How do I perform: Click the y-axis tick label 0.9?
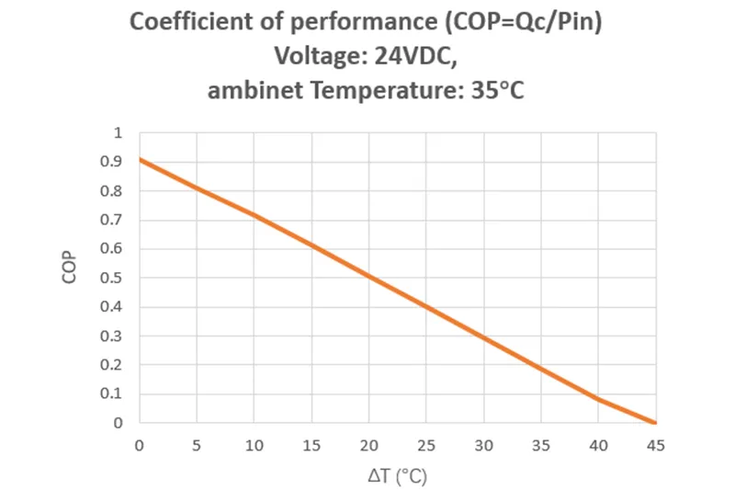(114, 162)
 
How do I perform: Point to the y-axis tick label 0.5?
(114, 278)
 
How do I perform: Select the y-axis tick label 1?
(118, 133)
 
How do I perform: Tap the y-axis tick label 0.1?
(114, 393)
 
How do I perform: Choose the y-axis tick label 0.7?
(114, 220)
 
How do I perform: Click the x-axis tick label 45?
(655, 446)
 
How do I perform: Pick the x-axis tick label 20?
(368, 446)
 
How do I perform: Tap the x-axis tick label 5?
(197, 446)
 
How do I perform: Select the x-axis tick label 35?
(540, 446)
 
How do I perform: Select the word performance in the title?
(350, 23)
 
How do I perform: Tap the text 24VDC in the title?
(413, 57)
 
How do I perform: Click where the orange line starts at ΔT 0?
(140, 160)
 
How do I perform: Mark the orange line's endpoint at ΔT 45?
(655, 423)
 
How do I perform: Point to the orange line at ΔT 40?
(598, 399)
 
